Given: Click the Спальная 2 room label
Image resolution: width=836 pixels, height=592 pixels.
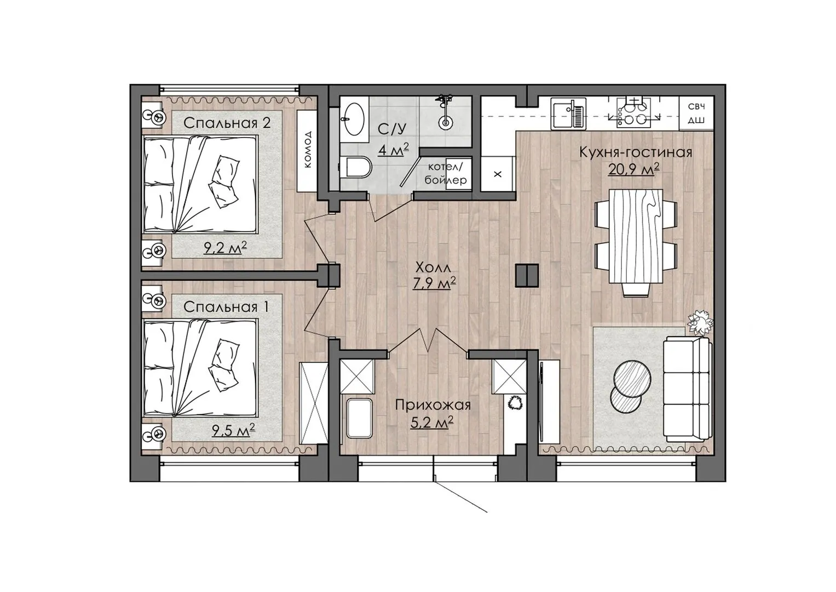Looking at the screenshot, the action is [227, 123].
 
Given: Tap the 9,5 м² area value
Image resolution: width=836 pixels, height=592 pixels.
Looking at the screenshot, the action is [233, 431].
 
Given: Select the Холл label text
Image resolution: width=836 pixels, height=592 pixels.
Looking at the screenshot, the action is [433, 267].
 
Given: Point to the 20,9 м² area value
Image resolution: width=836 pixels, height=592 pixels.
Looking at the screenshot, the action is [633, 170].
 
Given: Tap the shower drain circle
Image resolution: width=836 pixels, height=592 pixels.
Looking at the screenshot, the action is [445, 122].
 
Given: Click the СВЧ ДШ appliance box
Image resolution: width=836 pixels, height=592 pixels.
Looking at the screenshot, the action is [696, 113].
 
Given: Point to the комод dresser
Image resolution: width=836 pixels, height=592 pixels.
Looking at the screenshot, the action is [308, 151].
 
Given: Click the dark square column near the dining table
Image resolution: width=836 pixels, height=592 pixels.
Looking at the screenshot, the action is [527, 275].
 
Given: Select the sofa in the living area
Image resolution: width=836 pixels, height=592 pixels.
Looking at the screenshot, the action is [687, 389].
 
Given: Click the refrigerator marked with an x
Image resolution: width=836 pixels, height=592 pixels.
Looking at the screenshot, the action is [498, 174].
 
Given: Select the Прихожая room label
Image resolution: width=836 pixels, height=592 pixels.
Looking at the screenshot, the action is [433, 405].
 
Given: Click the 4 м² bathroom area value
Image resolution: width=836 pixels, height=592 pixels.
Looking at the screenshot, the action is [393, 150].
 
